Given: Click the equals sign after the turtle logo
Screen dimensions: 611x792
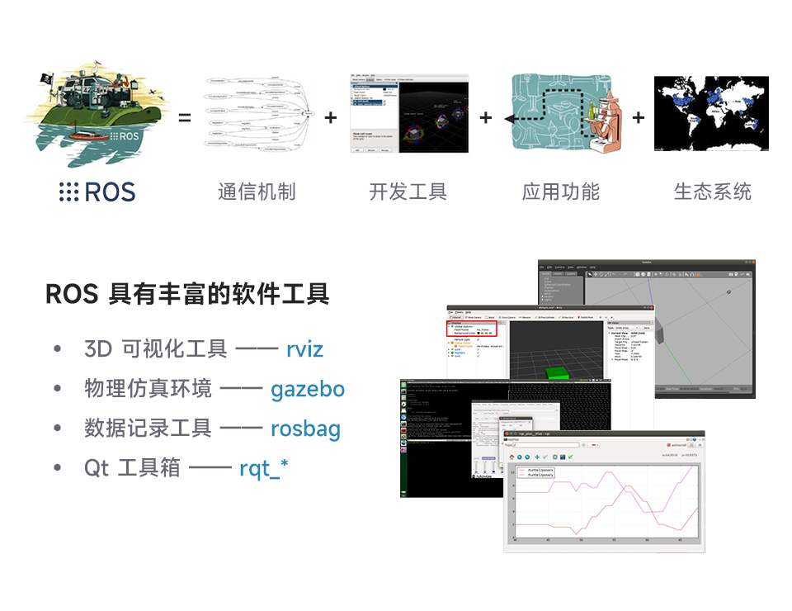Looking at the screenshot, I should point(185,118).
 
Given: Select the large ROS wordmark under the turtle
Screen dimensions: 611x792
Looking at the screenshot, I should point(97,192).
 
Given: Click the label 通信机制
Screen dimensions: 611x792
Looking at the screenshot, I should point(257,192).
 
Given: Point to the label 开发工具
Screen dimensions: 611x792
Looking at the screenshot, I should point(408,192).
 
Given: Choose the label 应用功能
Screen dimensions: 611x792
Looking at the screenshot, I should point(561,192).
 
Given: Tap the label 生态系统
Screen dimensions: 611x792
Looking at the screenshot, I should point(713,192).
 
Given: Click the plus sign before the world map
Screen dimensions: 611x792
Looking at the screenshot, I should point(638,118).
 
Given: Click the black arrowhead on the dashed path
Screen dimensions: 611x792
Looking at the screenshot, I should point(510,119).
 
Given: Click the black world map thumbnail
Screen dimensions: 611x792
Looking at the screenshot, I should point(711,114).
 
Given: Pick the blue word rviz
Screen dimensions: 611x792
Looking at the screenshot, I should point(304,349).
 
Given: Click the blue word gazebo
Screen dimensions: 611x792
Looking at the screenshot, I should point(308,389).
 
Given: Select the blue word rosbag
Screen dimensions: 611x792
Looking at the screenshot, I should point(305,429).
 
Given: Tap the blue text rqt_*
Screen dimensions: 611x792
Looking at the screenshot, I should point(264,469).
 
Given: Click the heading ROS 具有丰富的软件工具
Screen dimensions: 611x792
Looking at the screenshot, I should point(187,293).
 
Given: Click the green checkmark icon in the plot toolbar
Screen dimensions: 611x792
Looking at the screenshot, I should point(570,457).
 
